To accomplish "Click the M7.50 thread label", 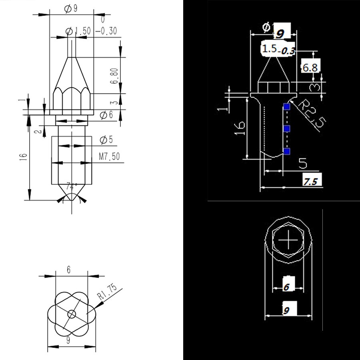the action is point(109,156).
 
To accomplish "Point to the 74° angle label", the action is point(72,186).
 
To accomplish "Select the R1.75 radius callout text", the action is point(107,292).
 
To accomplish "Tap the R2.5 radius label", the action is point(312,113).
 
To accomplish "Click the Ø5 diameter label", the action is point(106,140).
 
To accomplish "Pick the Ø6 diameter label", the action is point(106,115).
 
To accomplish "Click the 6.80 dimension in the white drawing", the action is point(114,76).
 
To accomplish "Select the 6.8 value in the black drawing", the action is point(310,68).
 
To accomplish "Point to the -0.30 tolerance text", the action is point(106,31).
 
